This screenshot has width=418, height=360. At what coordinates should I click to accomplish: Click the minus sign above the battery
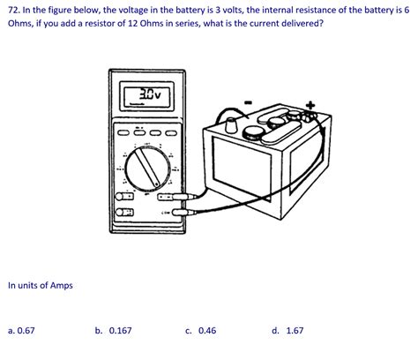(248, 102)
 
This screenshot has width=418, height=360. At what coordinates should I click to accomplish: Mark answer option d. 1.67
(287, 331)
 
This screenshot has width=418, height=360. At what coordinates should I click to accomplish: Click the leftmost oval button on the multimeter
(123, 133)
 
